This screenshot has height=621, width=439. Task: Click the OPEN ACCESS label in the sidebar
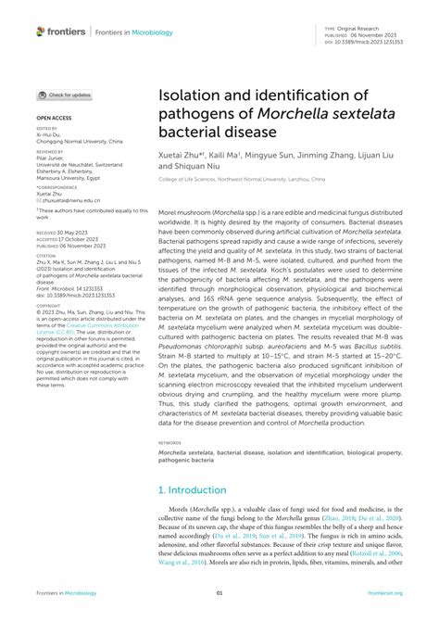55,119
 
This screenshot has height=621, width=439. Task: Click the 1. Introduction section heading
192,489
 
